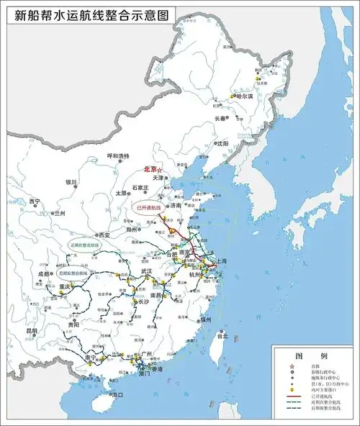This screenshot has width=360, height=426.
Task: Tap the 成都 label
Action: click(x=43, y=274)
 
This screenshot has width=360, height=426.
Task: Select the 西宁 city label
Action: click(x=35, y=201)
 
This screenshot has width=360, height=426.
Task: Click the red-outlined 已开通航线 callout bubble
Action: click(x=148, y=207)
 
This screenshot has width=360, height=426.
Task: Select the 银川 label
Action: click(x=70, y=183)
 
